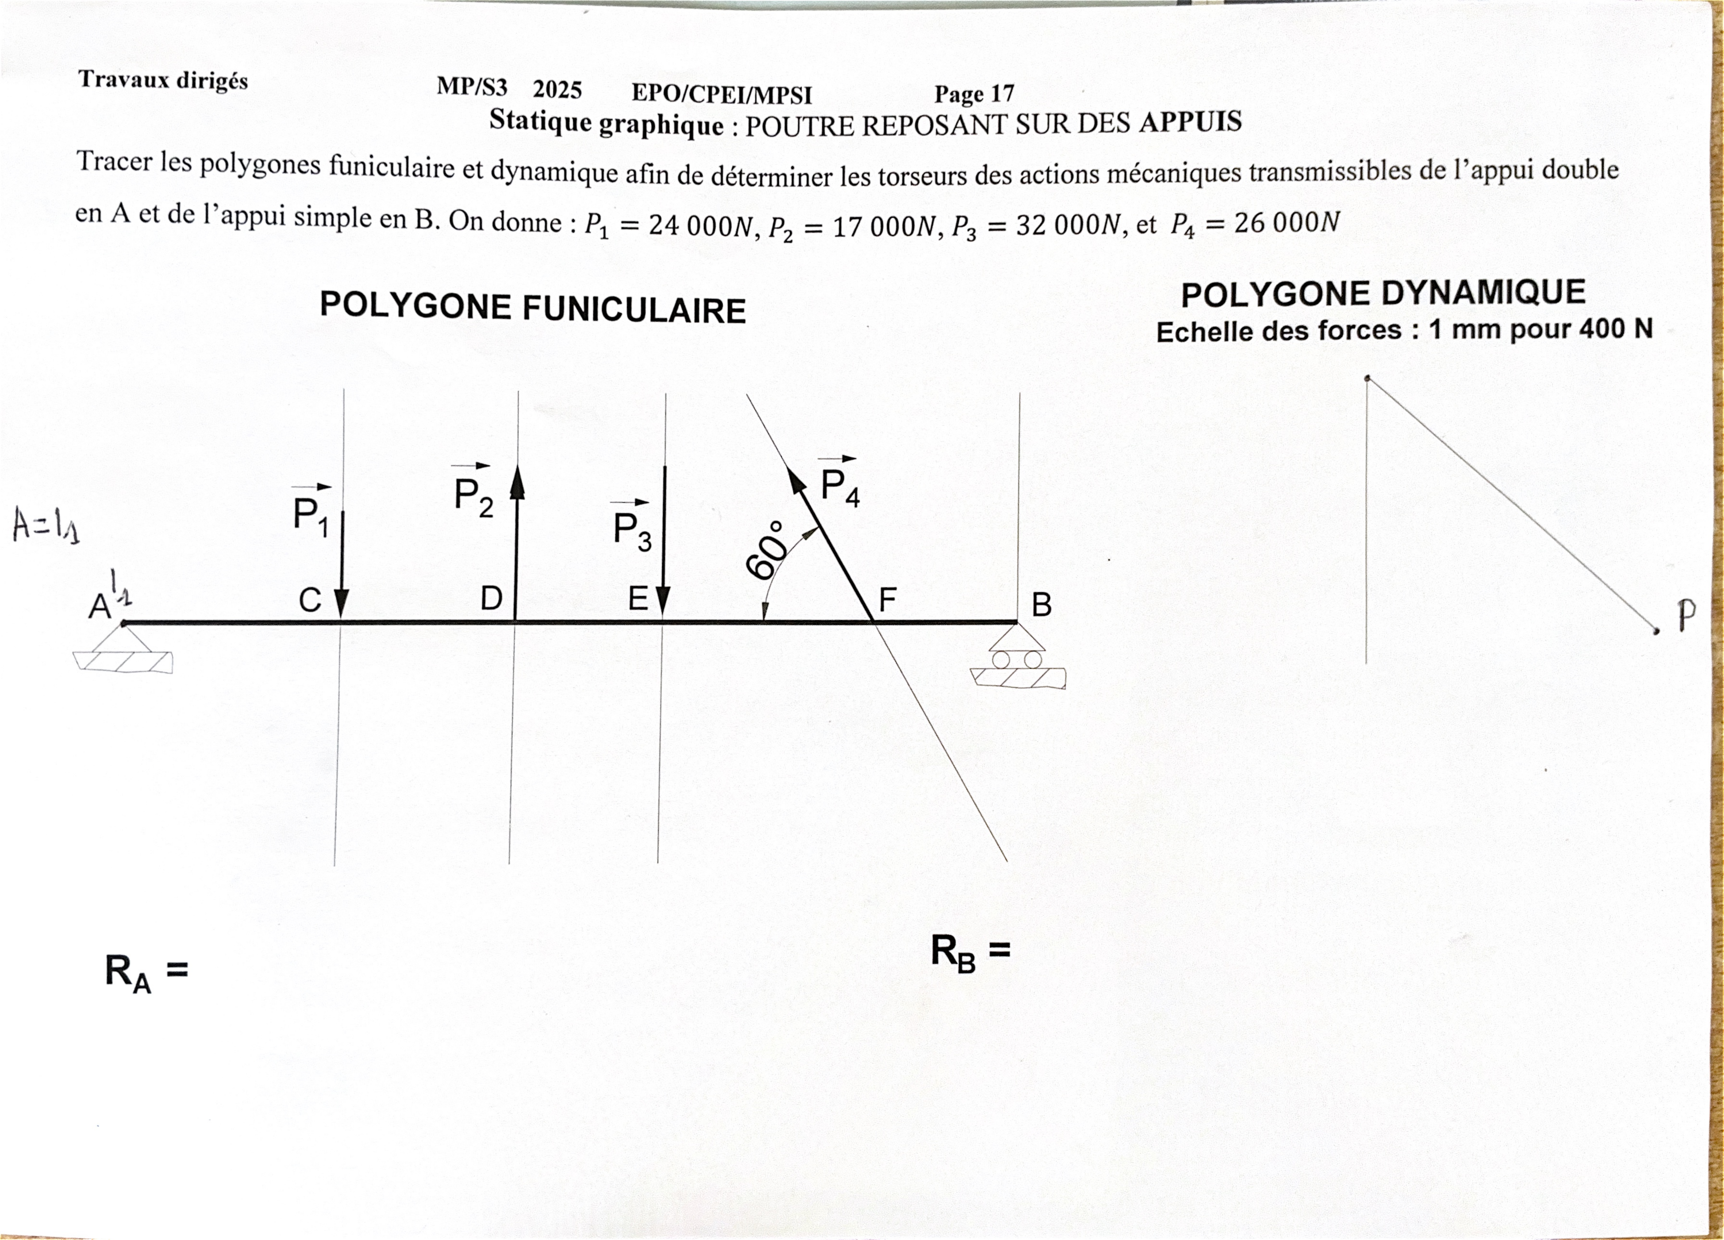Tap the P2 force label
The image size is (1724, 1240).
[x=473, y=490]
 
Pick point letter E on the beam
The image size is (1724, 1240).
[x=638, y=600]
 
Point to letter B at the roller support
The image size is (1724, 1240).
[x=1041, y=605]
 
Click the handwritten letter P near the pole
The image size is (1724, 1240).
[x=1687, y=615]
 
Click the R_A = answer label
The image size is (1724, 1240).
[x=146, y=973]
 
